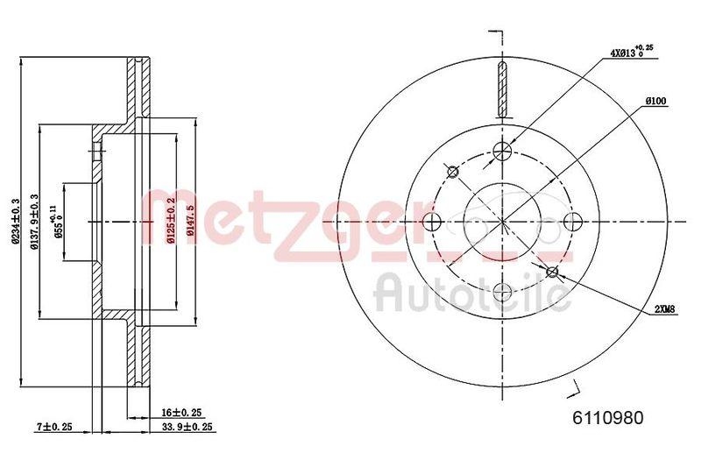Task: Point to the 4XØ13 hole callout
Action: pyautogui.click(x=631, y=53)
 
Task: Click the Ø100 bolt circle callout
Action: pyautogui.click(x=656, y=102)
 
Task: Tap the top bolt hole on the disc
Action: pyautogui.click(x=502, y=152)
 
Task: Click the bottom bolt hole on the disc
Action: pyautogui.click(x=502, y=292)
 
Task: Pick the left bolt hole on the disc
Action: pyautogui.click(x=432, y=222)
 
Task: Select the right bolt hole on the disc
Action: pyautogui.click(x=572, y=222)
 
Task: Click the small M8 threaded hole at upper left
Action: pyautogui.click(x=453, y=172)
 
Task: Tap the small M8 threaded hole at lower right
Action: pyautogui.click(x=552, y=272)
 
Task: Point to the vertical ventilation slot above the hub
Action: pyautogui.click(x=502, y=90)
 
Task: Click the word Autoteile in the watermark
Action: pyautogui.click(x=473, y=294)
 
